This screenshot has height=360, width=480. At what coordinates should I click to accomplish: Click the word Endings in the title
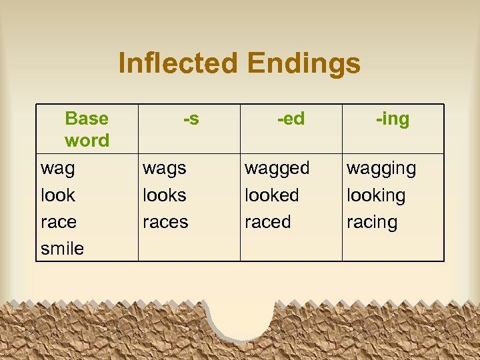pos(303,64)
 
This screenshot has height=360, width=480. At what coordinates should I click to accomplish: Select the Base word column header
pos(87,129)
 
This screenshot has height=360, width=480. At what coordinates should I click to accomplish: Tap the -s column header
pos(191,119)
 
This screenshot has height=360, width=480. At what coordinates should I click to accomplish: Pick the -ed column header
pos(291,119)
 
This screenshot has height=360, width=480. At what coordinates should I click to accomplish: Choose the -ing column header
pos(393,119)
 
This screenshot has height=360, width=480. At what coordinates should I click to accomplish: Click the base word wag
pos(58,169)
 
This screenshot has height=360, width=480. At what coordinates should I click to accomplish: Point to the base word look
pos(58,195)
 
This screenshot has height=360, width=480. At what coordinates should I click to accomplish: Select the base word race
pos(59,222)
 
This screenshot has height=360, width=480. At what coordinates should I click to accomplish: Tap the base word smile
pos(62,249)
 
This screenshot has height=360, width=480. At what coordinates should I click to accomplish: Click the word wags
pos(165,169)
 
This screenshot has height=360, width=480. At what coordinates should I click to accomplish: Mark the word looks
pos(165,195)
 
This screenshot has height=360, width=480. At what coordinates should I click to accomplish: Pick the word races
pos(165,222)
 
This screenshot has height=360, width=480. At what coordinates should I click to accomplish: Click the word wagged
pos(277,169)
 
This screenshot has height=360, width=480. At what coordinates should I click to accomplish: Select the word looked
pos(272,195)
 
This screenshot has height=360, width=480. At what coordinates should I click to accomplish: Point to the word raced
pos(267,222)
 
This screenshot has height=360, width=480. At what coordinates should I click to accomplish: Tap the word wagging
pos(381,169)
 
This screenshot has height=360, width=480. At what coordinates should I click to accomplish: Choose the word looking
pos(376,195)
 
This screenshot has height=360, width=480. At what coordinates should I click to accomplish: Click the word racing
pos(372,222)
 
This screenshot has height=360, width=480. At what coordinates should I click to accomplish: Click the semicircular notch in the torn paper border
pos(241,319)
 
